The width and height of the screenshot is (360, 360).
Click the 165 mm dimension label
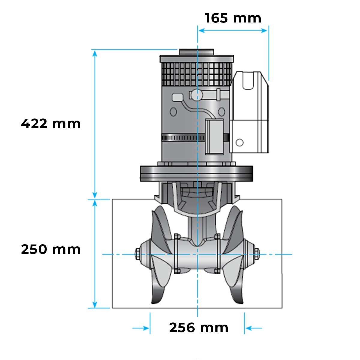(233, 18)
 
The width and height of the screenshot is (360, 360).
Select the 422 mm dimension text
(51, 124)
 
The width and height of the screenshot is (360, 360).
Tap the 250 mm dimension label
(51, 249)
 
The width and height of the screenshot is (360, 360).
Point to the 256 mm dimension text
(199, 328)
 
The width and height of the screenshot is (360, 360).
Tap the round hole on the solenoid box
(239, 142)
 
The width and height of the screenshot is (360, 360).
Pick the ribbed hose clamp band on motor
(183, 138)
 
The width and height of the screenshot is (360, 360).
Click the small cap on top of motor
(196, 52)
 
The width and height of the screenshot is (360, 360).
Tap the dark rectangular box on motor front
(214, 136)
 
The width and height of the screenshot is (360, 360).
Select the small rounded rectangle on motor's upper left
(177, 97)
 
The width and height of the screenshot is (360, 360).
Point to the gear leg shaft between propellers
(196, 228)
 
